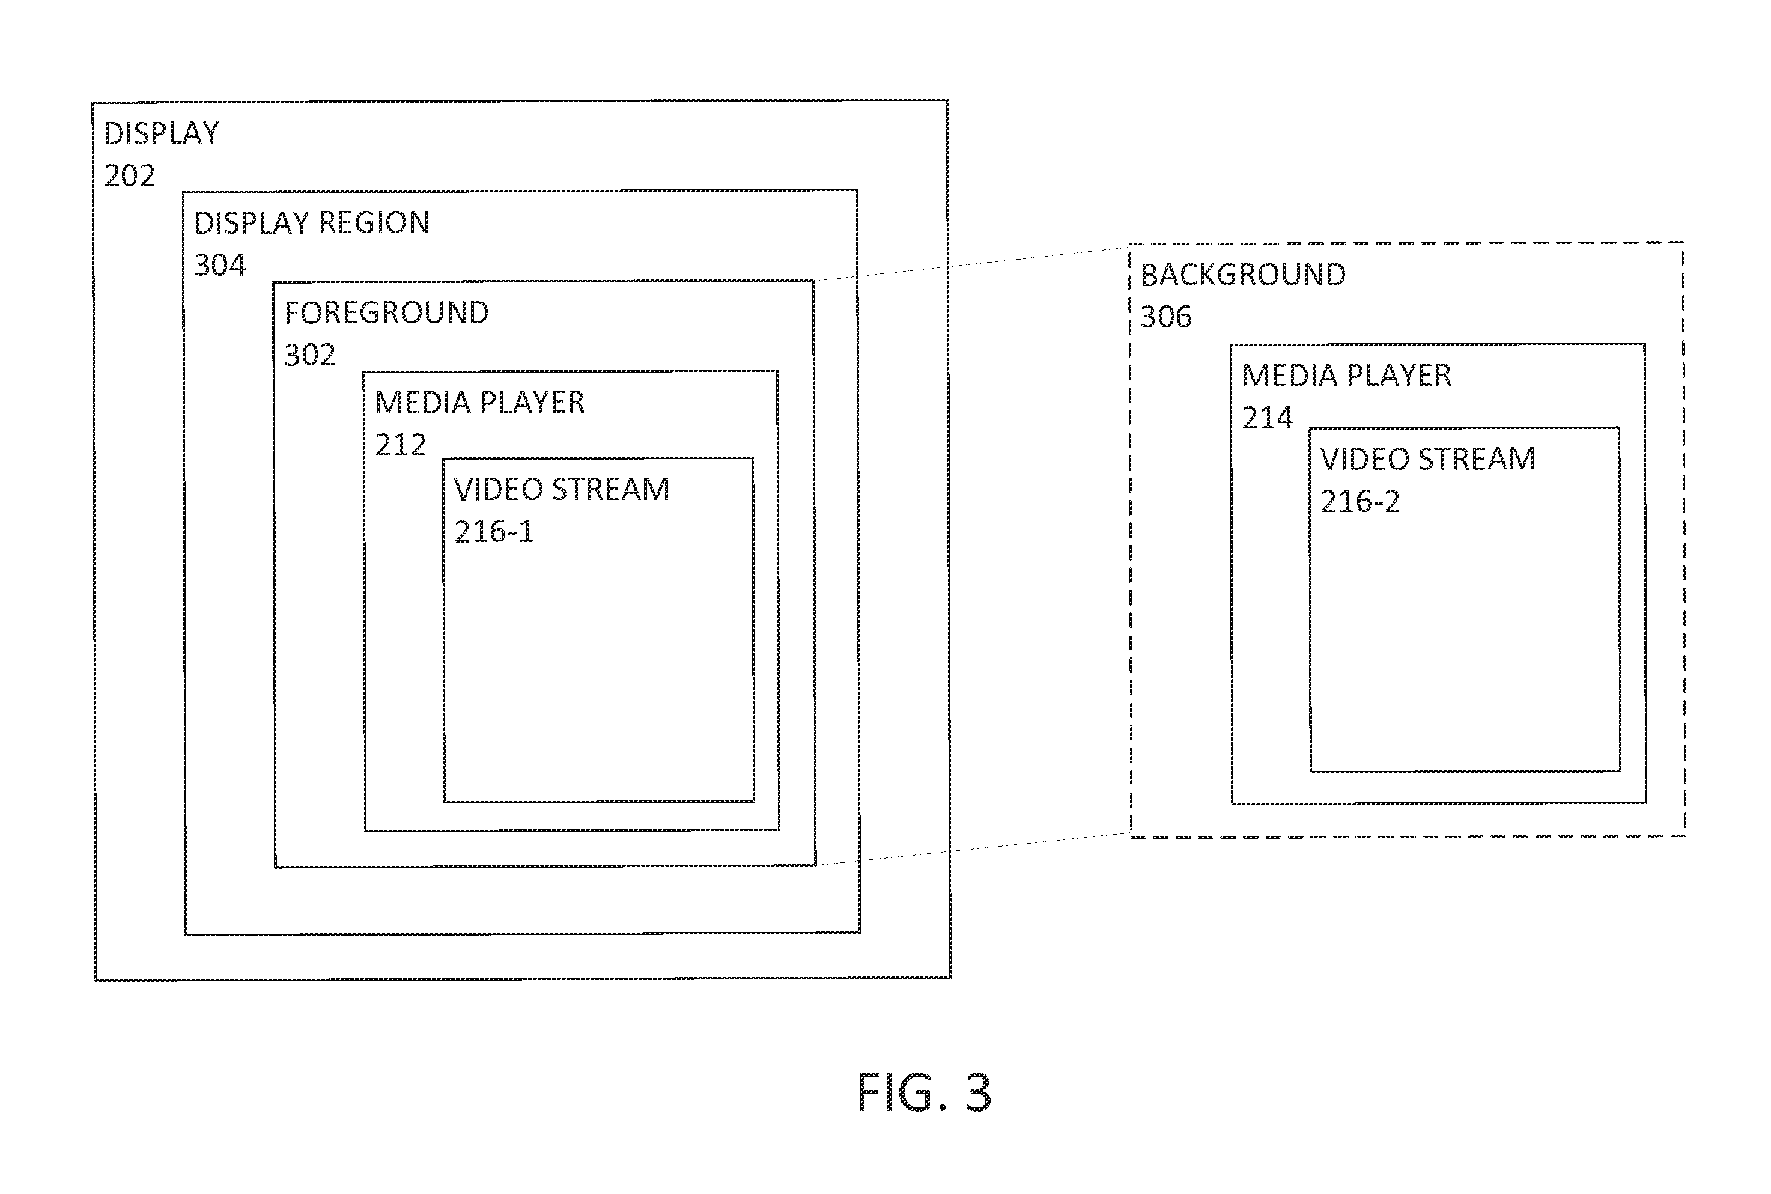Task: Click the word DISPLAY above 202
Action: coord(162,133)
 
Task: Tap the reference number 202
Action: coord(129,176)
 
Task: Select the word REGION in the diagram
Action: coord(374,222)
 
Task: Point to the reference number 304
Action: coord(220,265)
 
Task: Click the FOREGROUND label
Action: coord(387,312)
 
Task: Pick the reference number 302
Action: coord(310,355)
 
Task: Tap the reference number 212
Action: coord(400,445)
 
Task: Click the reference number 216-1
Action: coord(494,532)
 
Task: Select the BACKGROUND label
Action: coord(1243,275)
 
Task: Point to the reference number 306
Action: coord(1166,317)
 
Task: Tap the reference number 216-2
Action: coord(1360,501)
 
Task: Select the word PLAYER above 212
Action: coord(532,402)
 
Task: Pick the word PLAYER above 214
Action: coord(1399,376)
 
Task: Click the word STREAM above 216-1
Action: coord(610,489)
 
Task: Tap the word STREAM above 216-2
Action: coord(1477,458)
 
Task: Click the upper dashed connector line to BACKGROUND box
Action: coord(971,263)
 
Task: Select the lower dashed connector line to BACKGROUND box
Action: coord(973,849)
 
